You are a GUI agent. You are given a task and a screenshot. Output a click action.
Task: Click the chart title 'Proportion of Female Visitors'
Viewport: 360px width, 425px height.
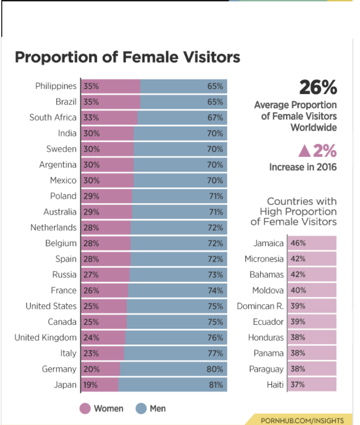tap(127, 57)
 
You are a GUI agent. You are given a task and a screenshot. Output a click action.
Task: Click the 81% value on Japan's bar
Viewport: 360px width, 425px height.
tap(216, 385)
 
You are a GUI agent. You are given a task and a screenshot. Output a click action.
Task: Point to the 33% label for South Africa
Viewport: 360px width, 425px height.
tap(91, 118)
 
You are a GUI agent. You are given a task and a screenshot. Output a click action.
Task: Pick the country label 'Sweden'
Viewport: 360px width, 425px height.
tap(61, 149)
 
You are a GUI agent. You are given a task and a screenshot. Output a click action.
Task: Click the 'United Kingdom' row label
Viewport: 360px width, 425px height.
tap(45, 338)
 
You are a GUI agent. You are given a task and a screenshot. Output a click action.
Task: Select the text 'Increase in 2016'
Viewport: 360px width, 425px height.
tap(303, 167)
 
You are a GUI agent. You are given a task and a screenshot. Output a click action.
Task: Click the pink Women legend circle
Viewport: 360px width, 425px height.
tap(85, 409)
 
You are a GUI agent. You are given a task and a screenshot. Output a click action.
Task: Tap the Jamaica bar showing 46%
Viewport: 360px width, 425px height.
tap(312, 243)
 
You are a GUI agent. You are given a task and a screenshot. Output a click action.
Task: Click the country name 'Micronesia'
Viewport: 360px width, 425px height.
tap(264, 259)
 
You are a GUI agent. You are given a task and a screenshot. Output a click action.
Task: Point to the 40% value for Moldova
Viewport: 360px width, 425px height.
tap(298, 290)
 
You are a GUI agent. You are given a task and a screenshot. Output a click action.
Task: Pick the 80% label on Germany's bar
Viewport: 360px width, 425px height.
tap(215, 369)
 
